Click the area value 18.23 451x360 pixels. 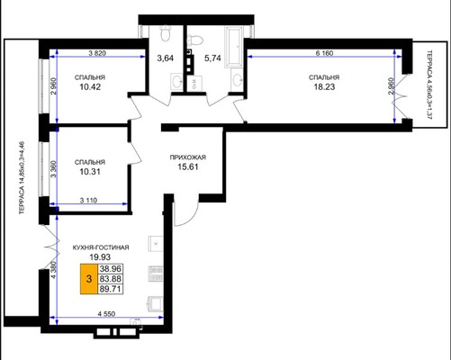pos(324,87)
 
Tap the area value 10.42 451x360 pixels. pos(90,87)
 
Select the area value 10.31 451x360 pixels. pos(90,172)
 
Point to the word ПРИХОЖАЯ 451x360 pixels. pos(188,157)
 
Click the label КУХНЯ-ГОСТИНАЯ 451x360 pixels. pos(101,247)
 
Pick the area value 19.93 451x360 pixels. pos(100,257)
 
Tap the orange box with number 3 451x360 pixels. pos(89,279)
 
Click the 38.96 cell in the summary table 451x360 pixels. pos(111,268)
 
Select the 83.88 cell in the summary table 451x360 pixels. pos(111,279)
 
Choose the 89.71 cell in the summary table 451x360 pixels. pos(111,289)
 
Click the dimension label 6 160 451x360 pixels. pos(324,53)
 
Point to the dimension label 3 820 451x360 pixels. pos(97,53)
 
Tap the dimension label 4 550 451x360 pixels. pos(106,314)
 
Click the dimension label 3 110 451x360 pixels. pos(88,200)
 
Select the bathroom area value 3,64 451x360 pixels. pos(166,58)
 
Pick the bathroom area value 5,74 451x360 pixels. pos(212,58)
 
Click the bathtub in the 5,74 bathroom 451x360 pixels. pos(234,47)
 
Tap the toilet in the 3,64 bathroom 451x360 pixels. pos(165,33)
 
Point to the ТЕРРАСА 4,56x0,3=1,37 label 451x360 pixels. pos(429,85)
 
